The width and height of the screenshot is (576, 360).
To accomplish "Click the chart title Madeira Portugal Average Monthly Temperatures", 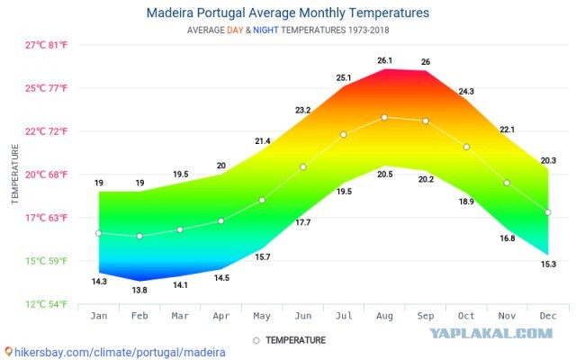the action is (288, 13).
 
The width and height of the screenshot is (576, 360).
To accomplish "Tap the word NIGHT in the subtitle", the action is (265, 30).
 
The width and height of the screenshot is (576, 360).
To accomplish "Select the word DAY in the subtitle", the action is (235, 30).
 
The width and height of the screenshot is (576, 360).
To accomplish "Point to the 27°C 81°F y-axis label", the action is (46, 45).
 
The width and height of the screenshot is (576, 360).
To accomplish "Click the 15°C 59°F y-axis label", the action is (46, 261).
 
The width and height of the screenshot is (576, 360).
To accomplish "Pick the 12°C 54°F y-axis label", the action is (46, 304).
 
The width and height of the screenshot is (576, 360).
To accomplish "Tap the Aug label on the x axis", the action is (384, 316).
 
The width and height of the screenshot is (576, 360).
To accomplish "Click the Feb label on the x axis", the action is (139, 316).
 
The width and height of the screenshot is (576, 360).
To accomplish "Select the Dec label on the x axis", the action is (548, 316).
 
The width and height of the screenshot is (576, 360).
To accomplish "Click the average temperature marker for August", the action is (384, 118).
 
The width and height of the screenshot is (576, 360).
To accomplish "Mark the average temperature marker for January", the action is (98, 233).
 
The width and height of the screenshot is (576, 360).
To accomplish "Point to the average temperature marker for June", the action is (303, 167).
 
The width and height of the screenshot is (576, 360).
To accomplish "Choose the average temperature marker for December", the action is (548, 212).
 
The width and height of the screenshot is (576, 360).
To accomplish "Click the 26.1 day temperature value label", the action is (384, 60).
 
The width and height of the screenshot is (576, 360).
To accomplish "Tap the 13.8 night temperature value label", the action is (139, 290).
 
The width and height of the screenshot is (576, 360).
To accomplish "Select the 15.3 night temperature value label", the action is (548, 264).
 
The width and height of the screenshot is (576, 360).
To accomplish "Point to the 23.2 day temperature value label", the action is (303, 110).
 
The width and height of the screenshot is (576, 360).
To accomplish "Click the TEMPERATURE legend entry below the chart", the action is (290, 340).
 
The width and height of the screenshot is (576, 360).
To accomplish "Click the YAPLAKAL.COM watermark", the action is (491, 333).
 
